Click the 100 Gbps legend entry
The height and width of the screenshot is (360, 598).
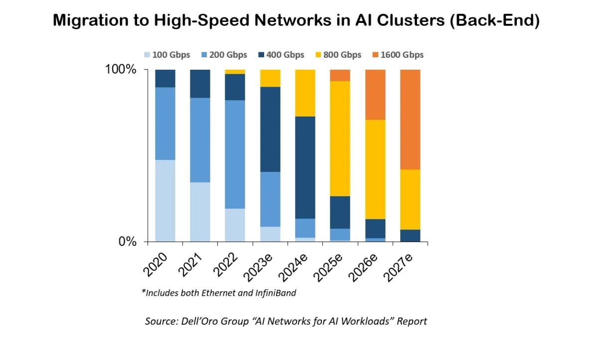tap(166, 55)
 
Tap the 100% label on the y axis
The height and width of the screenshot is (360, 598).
tap(120, 70)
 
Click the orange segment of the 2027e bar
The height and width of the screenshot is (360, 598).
tap(410, 120)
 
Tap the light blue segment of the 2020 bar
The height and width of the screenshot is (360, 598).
tap(165, 201)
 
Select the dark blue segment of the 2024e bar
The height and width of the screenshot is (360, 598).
tap(305, 167)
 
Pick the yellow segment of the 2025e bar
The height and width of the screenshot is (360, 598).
tap(340, 138)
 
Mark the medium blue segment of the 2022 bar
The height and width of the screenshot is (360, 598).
tap(235, 154)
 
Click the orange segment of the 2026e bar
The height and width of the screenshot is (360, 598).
tap(375, 95)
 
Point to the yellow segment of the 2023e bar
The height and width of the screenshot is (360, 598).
tap(270, 78)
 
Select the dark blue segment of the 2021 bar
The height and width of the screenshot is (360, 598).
tap(200, 84)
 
